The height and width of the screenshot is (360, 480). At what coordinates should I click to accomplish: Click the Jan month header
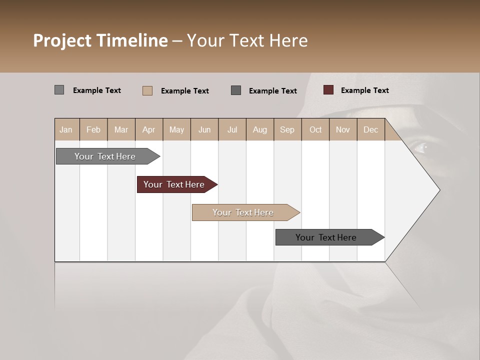[x=66, y=129]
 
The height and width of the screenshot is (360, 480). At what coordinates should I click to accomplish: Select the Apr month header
[x=149, y=129]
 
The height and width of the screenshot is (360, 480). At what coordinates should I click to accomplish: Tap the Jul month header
[x=232, y=129]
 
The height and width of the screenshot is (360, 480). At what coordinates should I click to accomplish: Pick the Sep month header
[x=287, y=129]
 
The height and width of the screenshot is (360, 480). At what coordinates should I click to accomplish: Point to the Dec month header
[x=370, y=129]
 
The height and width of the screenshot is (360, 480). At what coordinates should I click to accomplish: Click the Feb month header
[x=93, y=129]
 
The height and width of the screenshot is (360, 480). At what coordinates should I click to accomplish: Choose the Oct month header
[x=315, y=129]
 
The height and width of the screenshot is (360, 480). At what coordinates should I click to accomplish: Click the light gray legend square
[x=59, y=90]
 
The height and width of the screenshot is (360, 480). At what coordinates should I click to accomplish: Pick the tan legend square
[x=147, y=90]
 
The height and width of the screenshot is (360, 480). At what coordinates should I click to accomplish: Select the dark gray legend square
[x=236, y=90]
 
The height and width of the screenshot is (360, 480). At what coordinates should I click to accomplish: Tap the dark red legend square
[x=328, y=90]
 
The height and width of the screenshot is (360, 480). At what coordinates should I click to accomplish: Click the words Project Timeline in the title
[x=100, y=40]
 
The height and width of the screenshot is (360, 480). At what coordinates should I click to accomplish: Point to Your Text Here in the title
[x=247, y=40]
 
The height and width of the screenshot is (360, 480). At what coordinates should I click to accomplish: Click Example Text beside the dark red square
[x=364, y=90]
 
